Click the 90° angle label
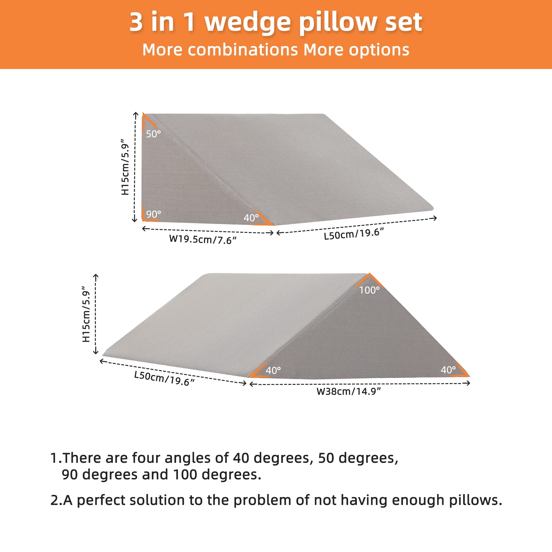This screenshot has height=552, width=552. tap(153, 214)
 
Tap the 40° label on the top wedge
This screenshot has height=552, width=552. tap(251, 218)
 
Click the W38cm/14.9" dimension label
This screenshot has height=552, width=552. tap(349, 391)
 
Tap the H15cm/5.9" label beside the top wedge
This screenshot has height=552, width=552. tap(125, 167)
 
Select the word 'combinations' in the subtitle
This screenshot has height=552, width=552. tap(243, 50)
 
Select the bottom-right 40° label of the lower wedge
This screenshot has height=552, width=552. tap(448, 370)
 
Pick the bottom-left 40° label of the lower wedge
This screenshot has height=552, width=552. tap(274, 371)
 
